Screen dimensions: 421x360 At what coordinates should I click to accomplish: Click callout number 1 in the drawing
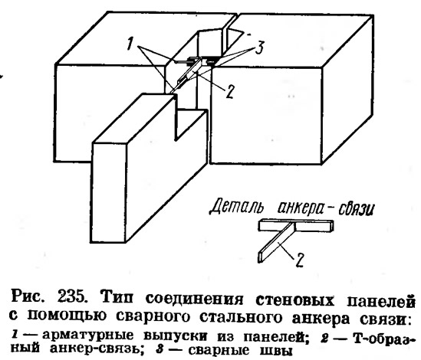coord(130,44)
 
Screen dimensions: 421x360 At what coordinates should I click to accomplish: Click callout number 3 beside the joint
coord(259,47)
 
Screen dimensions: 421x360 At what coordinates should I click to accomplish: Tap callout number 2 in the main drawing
coord(230,91)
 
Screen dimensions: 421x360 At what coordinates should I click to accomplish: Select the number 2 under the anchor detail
coord(300,260)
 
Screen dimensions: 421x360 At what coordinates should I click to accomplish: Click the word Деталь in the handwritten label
coord(236,208)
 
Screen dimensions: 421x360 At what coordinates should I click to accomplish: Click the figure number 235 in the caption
coord(71,298)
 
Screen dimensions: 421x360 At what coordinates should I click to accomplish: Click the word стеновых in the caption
coord(294,299)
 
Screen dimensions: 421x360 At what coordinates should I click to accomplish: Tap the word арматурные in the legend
coord(87,335)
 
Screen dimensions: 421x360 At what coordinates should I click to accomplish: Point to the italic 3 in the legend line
coord(160,349)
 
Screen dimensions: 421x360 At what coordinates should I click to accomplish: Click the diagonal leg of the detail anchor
coord(275,244)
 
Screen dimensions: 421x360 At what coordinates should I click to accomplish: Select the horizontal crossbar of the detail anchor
coord(296,225)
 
